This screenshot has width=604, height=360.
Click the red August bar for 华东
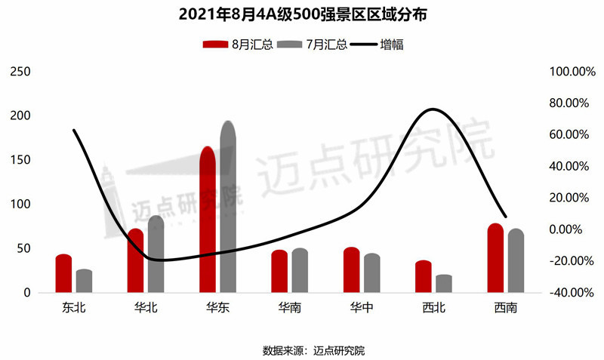pos(208,220)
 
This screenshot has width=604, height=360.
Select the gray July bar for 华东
pos(228,207)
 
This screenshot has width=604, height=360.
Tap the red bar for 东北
pos(63,273)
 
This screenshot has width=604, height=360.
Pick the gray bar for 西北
pos(444,284)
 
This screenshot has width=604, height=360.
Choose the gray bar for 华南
pos(300,270)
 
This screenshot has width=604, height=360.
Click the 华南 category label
pos(290,308)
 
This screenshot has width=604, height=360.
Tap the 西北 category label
pos(434,308)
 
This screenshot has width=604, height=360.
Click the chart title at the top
pos(302,14)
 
